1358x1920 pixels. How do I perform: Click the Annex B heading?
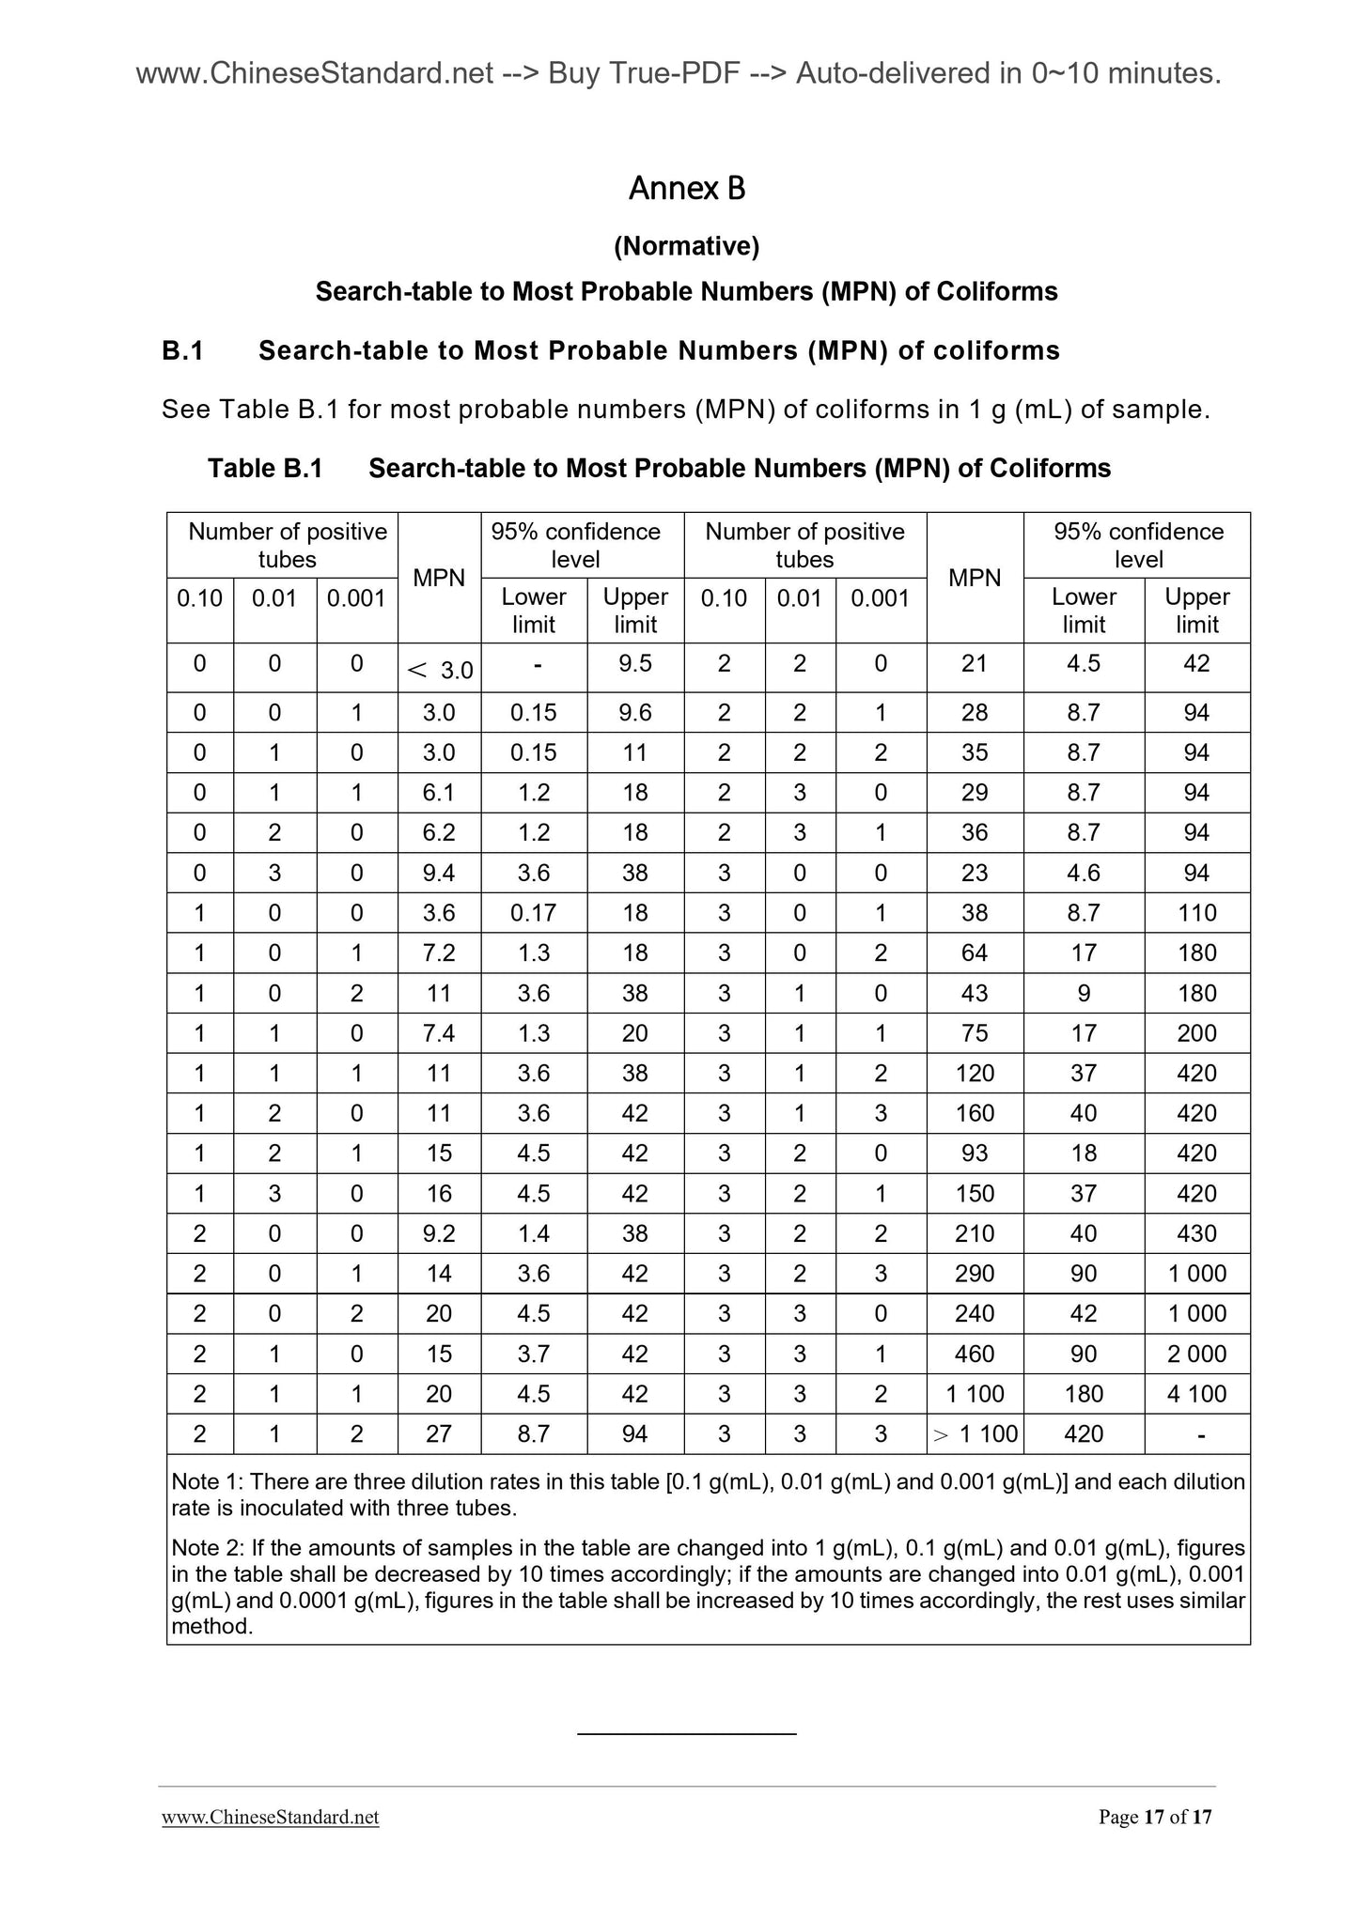[x=686, y=189]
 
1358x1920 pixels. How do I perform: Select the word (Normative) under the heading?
[x=686, y=246]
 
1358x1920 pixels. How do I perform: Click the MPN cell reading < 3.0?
[x=440, y=670]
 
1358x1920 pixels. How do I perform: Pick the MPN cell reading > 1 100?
[x=975, y=1434]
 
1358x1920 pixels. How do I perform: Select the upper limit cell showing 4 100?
[x=1196, y=1394]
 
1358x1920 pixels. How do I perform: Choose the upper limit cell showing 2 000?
[x=1196, y=1354]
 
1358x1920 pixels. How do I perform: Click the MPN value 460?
[x=975, y=1354]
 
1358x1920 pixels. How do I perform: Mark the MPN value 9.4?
[x=439, y=873]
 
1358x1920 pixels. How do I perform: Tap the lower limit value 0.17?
[x=533, y=913]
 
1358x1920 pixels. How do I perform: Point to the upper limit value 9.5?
[x=635, y=664]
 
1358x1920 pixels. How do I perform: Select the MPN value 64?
[x=975, y=953]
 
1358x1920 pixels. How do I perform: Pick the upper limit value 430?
[x=1196, y=1233]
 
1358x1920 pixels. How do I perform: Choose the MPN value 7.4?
[x=439, y=1033]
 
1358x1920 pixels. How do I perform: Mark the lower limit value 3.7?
[x=533, y=1354]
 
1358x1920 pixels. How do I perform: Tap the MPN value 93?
[x=975, y=1154]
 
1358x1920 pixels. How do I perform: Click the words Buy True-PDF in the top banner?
[x=643, y=73]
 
